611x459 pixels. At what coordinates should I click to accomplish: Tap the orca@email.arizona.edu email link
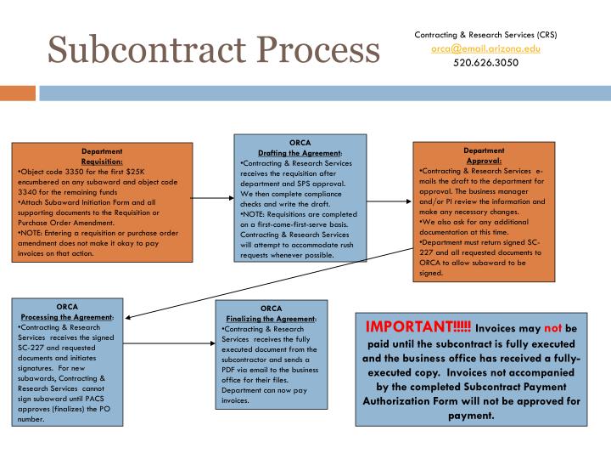(x=485, y=48)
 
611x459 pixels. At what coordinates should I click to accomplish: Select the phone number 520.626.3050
(x=485, y=62)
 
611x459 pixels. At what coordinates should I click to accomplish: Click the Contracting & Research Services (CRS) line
(x=485, y=35)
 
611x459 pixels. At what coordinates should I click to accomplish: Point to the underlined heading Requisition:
(x=102, y=161)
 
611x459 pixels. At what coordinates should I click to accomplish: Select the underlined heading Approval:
(x=485, y=160)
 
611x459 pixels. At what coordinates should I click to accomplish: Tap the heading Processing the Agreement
(x=67, y=316)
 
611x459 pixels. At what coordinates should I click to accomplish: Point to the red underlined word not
(x=553, y=329)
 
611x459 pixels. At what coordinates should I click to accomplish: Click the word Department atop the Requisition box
(x=102, y=151)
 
